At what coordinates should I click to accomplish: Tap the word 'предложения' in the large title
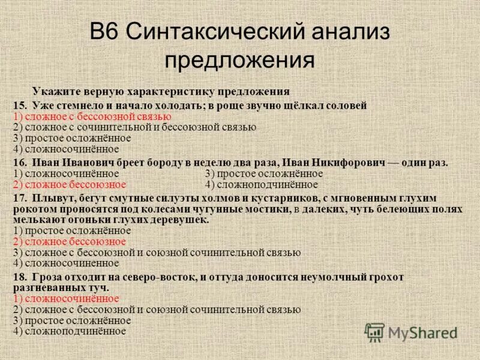(240, 60)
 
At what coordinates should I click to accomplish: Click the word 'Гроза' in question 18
(48, 277)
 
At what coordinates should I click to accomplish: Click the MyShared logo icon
(374, 332)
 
